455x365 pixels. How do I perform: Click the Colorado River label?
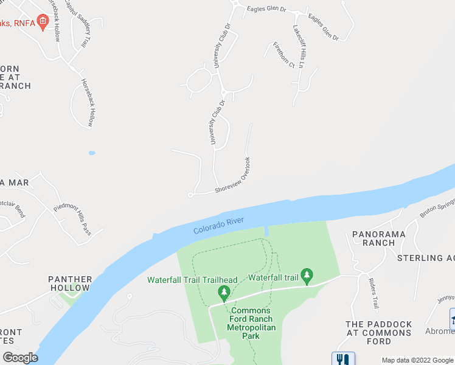(x=218, y=226)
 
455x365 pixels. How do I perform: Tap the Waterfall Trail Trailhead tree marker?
(x=224, y=293)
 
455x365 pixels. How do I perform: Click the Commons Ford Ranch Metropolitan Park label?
(x=251, y=323)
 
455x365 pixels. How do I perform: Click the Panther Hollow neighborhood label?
(x=70, y=283)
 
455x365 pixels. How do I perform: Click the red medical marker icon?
(x=43, y=23)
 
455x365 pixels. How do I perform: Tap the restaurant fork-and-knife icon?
(x=342, y=359)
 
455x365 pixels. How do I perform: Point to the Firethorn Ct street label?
(x=283, y=55)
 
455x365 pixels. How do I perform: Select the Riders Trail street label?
(x=374, y=294)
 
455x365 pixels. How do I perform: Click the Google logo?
(x=19, y=358)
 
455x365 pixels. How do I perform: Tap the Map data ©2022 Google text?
(x=417, y=360)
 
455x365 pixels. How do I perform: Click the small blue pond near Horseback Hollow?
(x=92, y=153)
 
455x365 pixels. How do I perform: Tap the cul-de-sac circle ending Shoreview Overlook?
(x=190, y=195)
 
